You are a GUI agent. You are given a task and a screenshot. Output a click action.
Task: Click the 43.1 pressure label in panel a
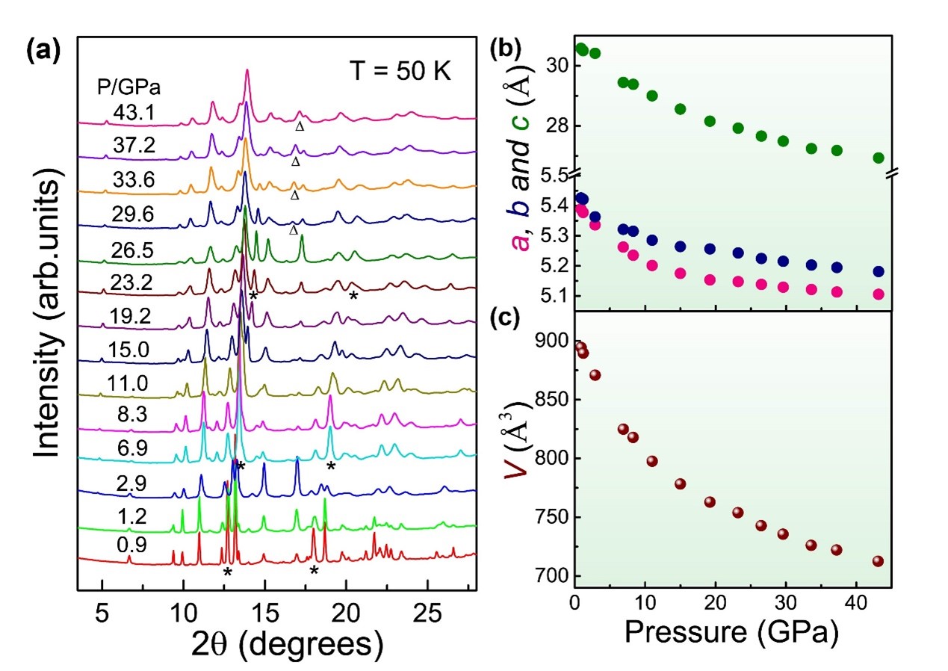coord(137,111)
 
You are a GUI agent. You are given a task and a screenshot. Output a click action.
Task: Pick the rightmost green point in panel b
coord(879,158)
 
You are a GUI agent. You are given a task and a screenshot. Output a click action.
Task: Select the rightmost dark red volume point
coord(878,561)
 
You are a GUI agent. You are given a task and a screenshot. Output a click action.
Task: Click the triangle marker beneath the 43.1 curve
coord(300,126)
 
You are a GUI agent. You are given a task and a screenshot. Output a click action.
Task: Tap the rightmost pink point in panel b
coord(879,294)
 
